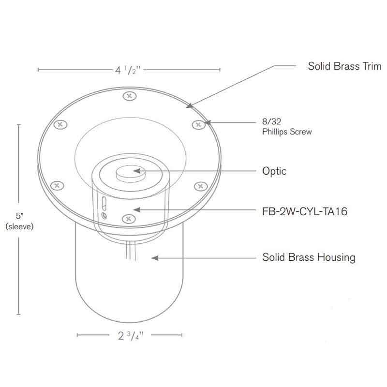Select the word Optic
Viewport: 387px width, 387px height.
click(274, 171)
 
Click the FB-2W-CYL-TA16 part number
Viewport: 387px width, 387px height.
click(303, 210)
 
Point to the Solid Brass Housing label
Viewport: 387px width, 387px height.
click(309, 257)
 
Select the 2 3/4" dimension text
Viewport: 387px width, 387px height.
click(130, 335)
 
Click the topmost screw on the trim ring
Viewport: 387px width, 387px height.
click(128, 96)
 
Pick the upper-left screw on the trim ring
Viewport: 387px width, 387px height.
click(60, 124)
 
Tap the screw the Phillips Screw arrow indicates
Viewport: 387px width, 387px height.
click(197, 124)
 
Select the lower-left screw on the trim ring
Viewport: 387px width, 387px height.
click(58, 185)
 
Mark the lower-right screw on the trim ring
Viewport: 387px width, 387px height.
click(200, 185)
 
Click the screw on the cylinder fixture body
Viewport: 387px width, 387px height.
click(128, 219)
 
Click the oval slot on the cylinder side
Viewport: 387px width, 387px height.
click(103, 202)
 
